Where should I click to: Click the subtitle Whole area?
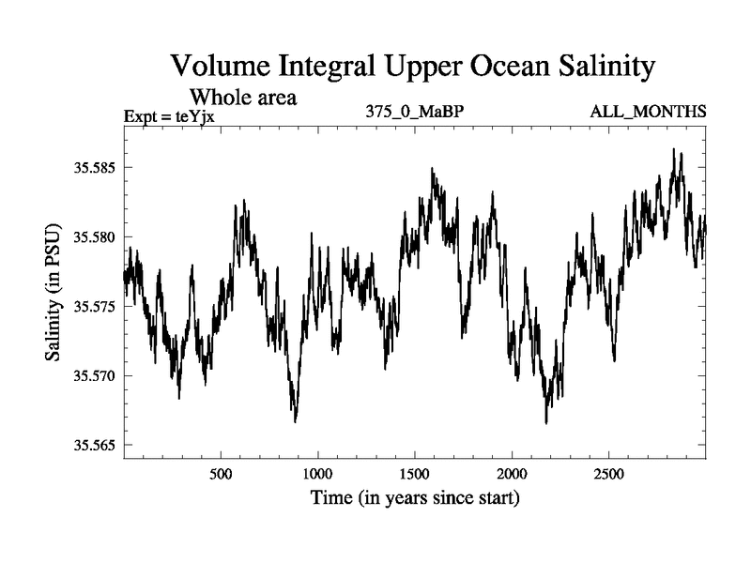click(x=244, y=97)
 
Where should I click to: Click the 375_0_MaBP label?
click(x=416, y=113)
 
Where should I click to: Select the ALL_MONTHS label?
click(x=648, y=113)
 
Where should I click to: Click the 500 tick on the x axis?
click(x=221, y=474)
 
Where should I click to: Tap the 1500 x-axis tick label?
click(x=415, y=474)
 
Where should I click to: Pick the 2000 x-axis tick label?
click(x=512, y=474)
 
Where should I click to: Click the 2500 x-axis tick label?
click(x=608, y=474)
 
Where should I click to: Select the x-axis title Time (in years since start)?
click(x=415, y=498)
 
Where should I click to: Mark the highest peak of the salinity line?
click(x=673, y=149)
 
